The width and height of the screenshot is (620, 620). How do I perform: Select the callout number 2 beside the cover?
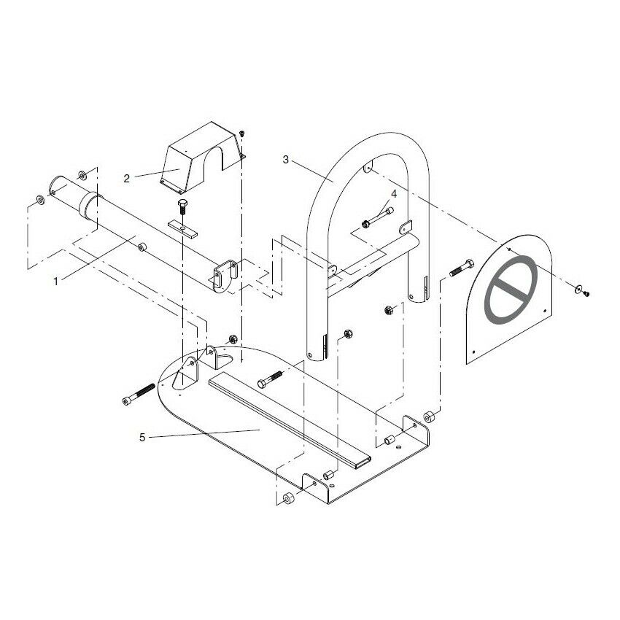tap(126, 177)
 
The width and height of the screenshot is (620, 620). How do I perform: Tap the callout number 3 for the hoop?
tap(286, 158)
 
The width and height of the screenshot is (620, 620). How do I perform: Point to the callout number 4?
tap(394, 194)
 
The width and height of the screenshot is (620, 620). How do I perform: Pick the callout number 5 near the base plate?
tap(143, 438)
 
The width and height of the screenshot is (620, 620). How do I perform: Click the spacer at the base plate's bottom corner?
tap(288, 500)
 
